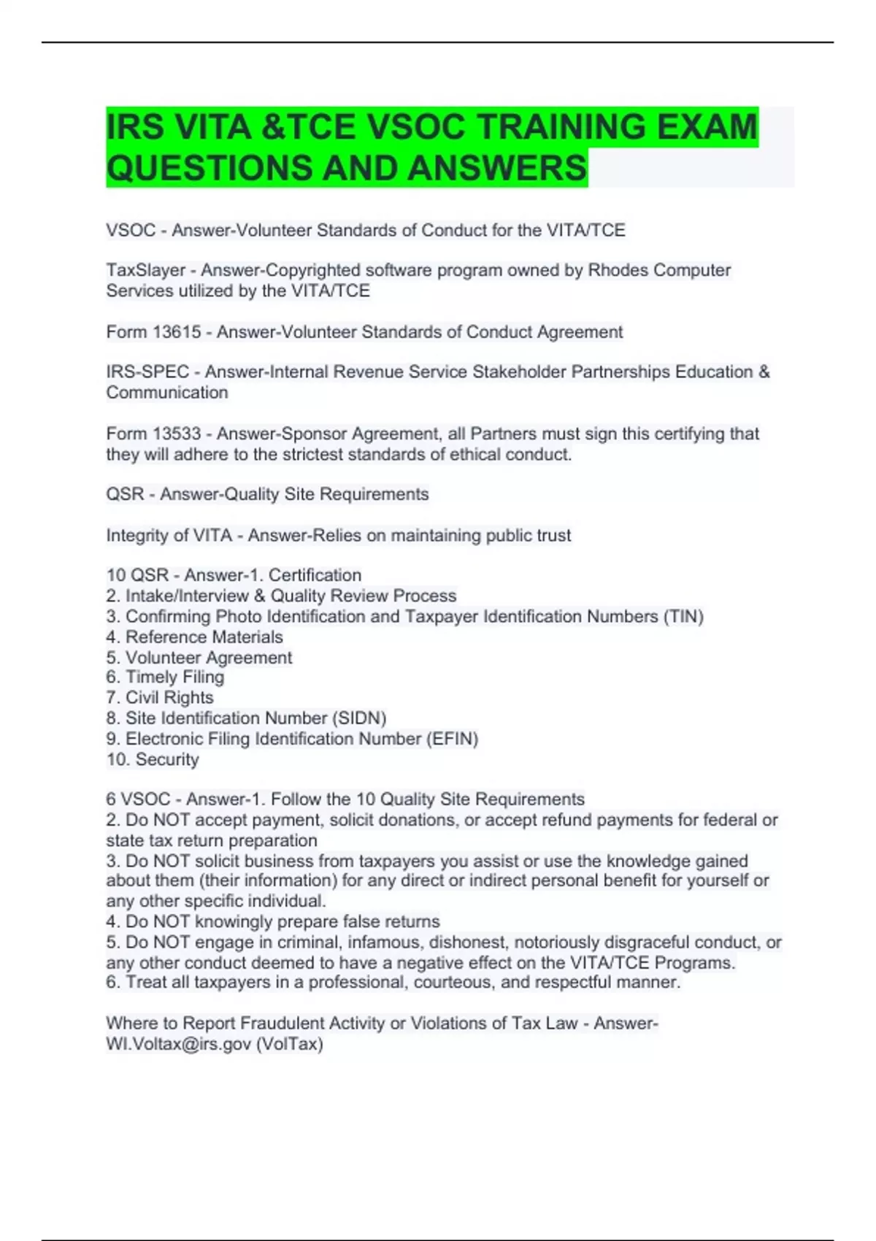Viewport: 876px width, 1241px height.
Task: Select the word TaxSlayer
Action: (145, 270)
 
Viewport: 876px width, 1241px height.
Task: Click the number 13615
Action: (177, 332)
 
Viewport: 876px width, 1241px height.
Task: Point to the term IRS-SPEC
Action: (147, 372)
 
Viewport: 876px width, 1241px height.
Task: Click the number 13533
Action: (177, 434)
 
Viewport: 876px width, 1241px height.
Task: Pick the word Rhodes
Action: (618, 270)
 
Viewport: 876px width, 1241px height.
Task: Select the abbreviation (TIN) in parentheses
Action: (683, 616)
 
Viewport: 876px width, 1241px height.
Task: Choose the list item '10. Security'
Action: (153, 759)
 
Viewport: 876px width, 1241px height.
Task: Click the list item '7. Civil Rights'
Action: (160, 697)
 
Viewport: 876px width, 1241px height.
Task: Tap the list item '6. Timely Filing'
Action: (165, 677)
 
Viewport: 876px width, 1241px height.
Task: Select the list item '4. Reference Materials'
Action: (194, 637)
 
